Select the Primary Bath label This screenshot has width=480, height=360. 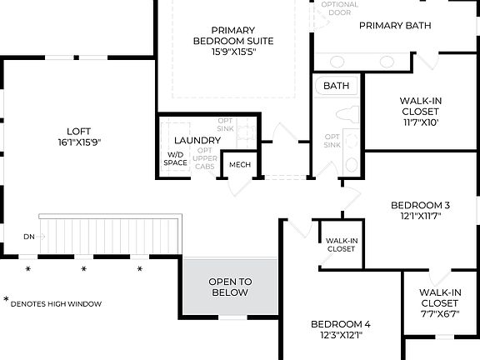[395, 25]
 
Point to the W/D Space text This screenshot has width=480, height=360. [176, 158]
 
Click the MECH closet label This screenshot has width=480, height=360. [240, 165]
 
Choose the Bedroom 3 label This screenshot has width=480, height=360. [420, 206]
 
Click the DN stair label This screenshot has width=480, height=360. [29, 237]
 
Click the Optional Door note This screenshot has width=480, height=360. [339, 8]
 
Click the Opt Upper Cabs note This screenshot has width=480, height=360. [204, 158]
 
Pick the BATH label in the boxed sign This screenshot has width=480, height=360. [337, 86]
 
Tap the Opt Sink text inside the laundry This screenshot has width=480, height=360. [225, 125]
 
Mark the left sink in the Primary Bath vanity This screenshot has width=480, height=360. [337, 62]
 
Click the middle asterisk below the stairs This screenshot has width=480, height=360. [83, 269]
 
